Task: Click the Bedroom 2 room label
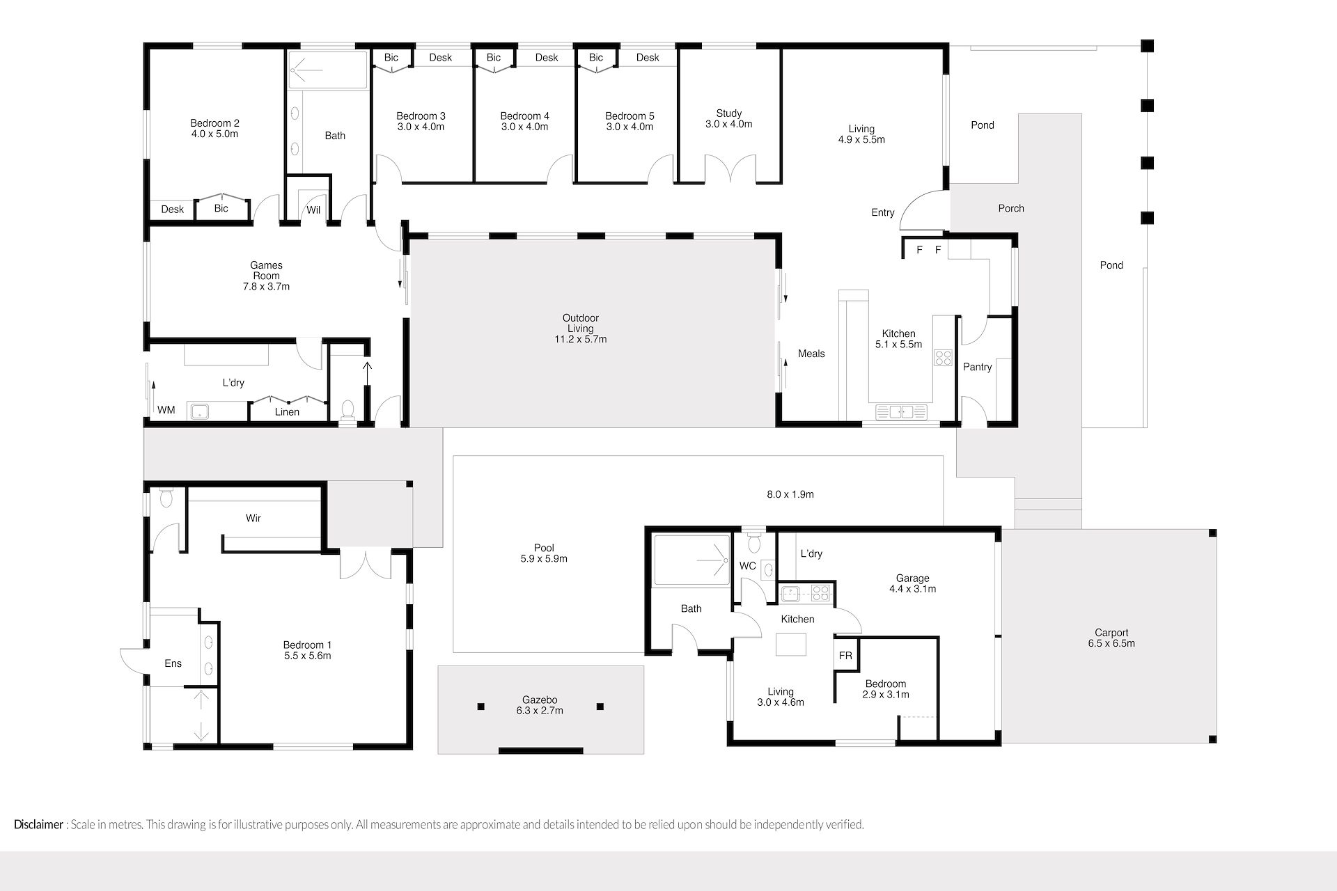coord(214,123)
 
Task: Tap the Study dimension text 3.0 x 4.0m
coord(729,125)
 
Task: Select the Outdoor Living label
coord(581,323)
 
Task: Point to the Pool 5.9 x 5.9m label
coord(544,553)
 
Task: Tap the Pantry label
coord(977,367)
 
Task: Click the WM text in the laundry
coord(166,410)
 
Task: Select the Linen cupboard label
coord(287,412)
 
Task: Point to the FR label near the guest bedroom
coord(845,656)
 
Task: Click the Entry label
coord(883,212)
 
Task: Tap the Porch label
coord(1011,208)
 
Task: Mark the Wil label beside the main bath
coord(313,210)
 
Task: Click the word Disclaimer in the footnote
coord(39,825)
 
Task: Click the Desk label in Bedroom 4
coord(547,58)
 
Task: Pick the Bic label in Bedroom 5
coord(596,58)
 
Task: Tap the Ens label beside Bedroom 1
coord(173,663)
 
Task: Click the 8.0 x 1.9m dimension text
coord(790,494)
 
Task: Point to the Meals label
coord(811,354)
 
